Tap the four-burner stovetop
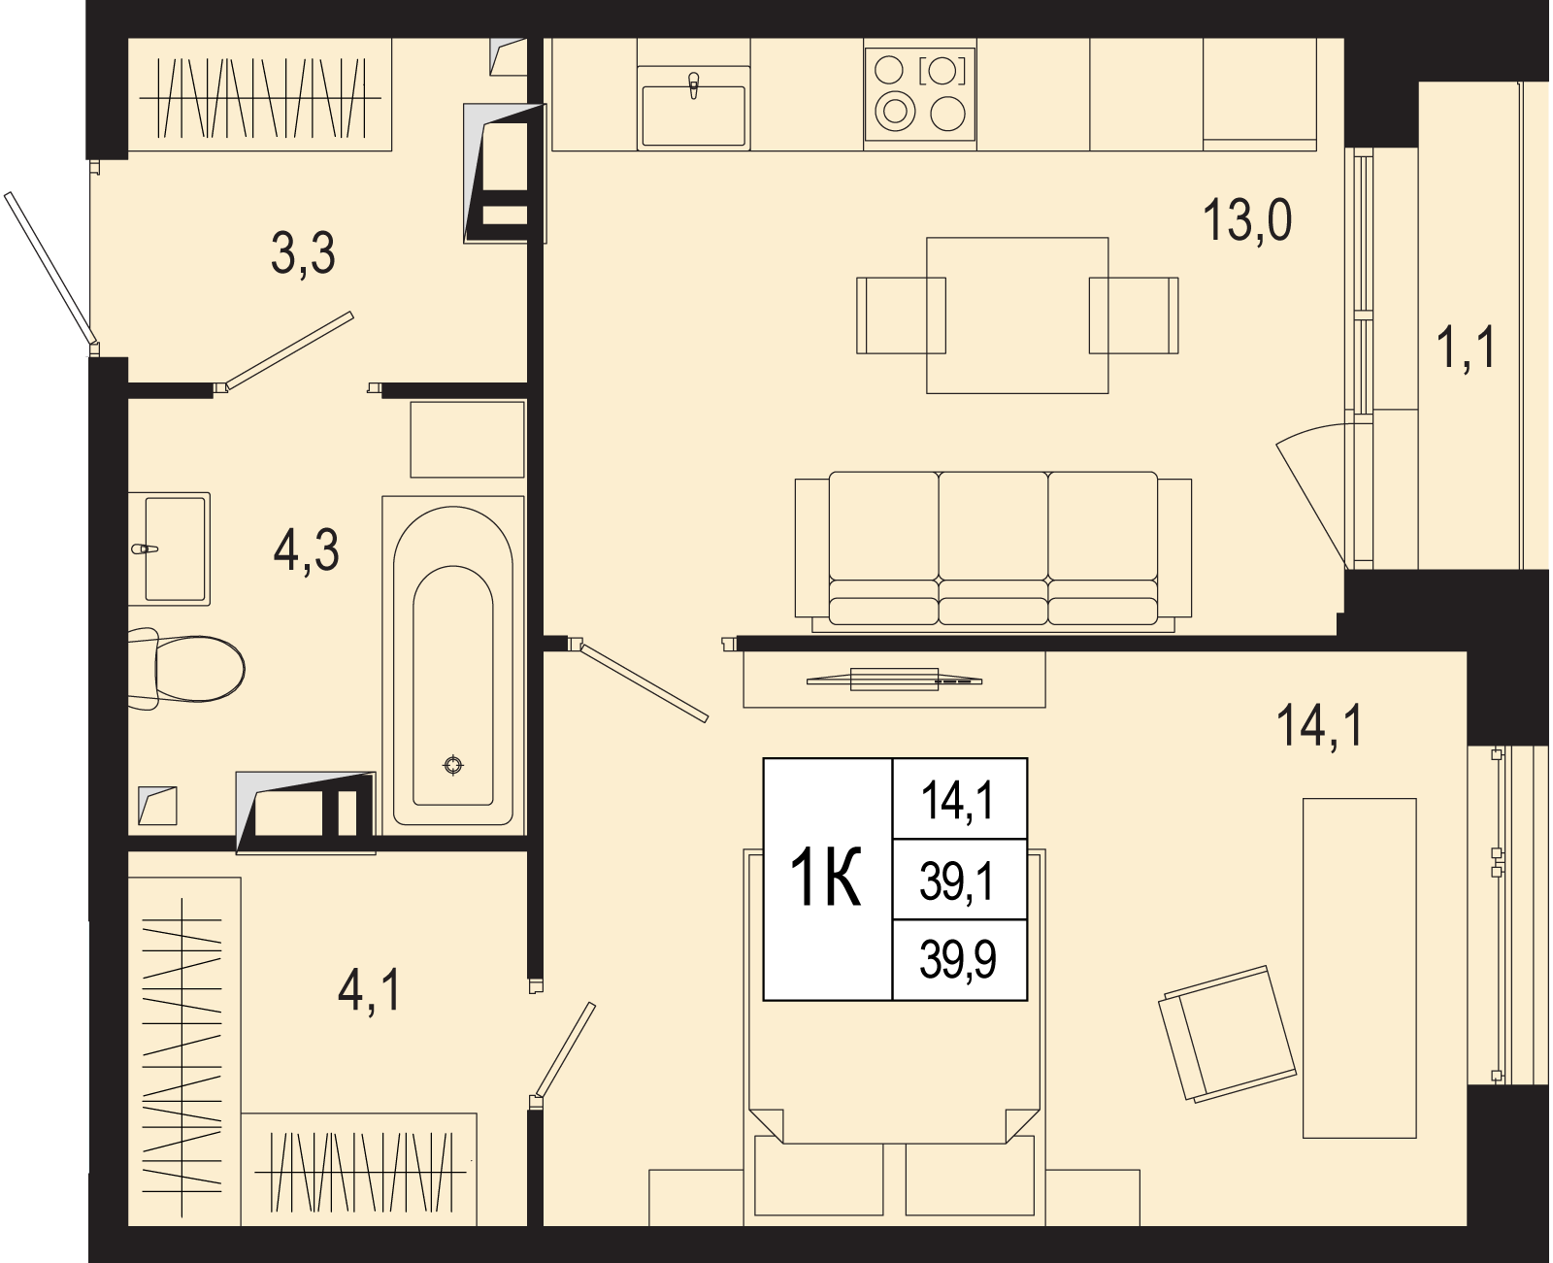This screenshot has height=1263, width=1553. click(919, 94)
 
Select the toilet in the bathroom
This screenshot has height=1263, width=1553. click(186, 669)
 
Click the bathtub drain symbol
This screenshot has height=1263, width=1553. click(453, 765)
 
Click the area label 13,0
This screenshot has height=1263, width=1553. click(1247, 220)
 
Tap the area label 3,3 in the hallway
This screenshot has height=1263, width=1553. click(303, 253)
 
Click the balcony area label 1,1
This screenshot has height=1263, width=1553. click(1466, 348)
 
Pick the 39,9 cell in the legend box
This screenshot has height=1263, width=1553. click(958, 959)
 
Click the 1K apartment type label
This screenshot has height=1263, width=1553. click(826, 878)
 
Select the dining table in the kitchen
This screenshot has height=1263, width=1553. click(1017, 315)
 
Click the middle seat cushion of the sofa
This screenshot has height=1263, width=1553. click(993, 548)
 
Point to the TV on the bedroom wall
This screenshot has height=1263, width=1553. click(894, 680)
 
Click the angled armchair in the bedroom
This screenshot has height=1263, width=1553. click(1227, 1033)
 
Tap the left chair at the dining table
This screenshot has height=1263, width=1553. click(901, 315)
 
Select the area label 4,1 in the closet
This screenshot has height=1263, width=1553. click(369, 990)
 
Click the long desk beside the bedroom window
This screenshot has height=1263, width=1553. click(1359, 968)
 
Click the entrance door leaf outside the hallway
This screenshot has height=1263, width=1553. click(51, 268)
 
